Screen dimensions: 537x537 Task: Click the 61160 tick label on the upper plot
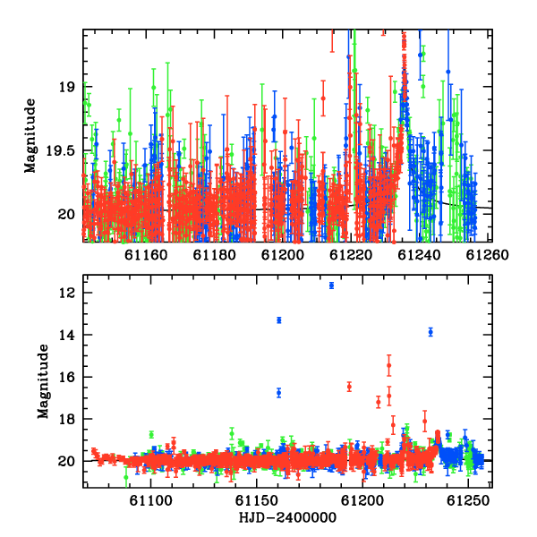coord(146,255)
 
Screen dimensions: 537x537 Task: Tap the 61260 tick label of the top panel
coord(488,255)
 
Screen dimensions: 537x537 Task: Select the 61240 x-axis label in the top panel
coord(419,255)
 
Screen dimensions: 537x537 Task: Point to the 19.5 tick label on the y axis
coord(60,150)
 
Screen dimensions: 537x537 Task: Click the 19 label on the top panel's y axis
coord(66,87)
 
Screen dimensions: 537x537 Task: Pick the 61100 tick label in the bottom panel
coord(150,500)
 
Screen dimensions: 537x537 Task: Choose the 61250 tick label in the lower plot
coord(468,500)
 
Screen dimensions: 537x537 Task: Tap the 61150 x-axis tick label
coord(256,500)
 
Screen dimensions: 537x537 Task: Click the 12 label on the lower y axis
coord(66,293)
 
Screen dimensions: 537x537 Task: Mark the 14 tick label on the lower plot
coord(66,335)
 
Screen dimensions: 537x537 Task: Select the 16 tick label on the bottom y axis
coord(66,377)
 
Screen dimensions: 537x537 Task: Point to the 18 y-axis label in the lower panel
coord(66,419)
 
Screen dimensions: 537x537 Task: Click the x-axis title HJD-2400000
coord(287,517)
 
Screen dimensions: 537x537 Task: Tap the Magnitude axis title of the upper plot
coord(30,136)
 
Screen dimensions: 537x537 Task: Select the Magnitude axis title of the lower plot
coord(43,381)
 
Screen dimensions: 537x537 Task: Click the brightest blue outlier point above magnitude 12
coord(331,286)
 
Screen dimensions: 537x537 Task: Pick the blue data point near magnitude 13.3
coord(279,320)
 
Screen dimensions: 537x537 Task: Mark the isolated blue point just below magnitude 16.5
coord(279,393)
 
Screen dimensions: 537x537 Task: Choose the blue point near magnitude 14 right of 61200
coord(430,332)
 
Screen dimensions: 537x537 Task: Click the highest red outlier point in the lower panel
coord(389,365)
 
